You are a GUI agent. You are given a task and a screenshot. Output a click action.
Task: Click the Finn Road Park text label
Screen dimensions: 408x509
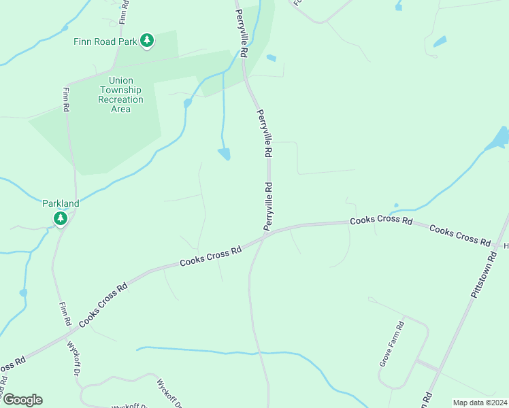105,41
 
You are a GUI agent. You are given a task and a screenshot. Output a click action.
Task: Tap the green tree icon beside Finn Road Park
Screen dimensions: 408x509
147,41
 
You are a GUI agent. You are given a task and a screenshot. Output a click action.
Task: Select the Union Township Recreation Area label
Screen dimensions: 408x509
120,95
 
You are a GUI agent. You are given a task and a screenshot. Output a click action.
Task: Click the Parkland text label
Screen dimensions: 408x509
61,203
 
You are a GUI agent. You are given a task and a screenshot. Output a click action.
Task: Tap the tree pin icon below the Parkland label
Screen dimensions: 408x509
61,218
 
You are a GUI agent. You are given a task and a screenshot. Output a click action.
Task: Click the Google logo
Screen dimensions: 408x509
22,400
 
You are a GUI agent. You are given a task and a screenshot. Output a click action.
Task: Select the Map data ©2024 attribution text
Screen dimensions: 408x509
479,403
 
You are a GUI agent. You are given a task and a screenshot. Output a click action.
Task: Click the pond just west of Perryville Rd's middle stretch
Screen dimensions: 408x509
224,154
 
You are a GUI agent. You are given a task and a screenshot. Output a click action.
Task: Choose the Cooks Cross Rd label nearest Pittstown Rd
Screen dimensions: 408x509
460,235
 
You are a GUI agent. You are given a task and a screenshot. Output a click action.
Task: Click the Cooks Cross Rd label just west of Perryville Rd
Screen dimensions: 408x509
211,256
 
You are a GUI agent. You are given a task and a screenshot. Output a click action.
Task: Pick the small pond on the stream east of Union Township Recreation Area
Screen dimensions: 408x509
187,103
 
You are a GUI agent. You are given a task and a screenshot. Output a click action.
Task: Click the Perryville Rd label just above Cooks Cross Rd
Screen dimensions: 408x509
269,205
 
